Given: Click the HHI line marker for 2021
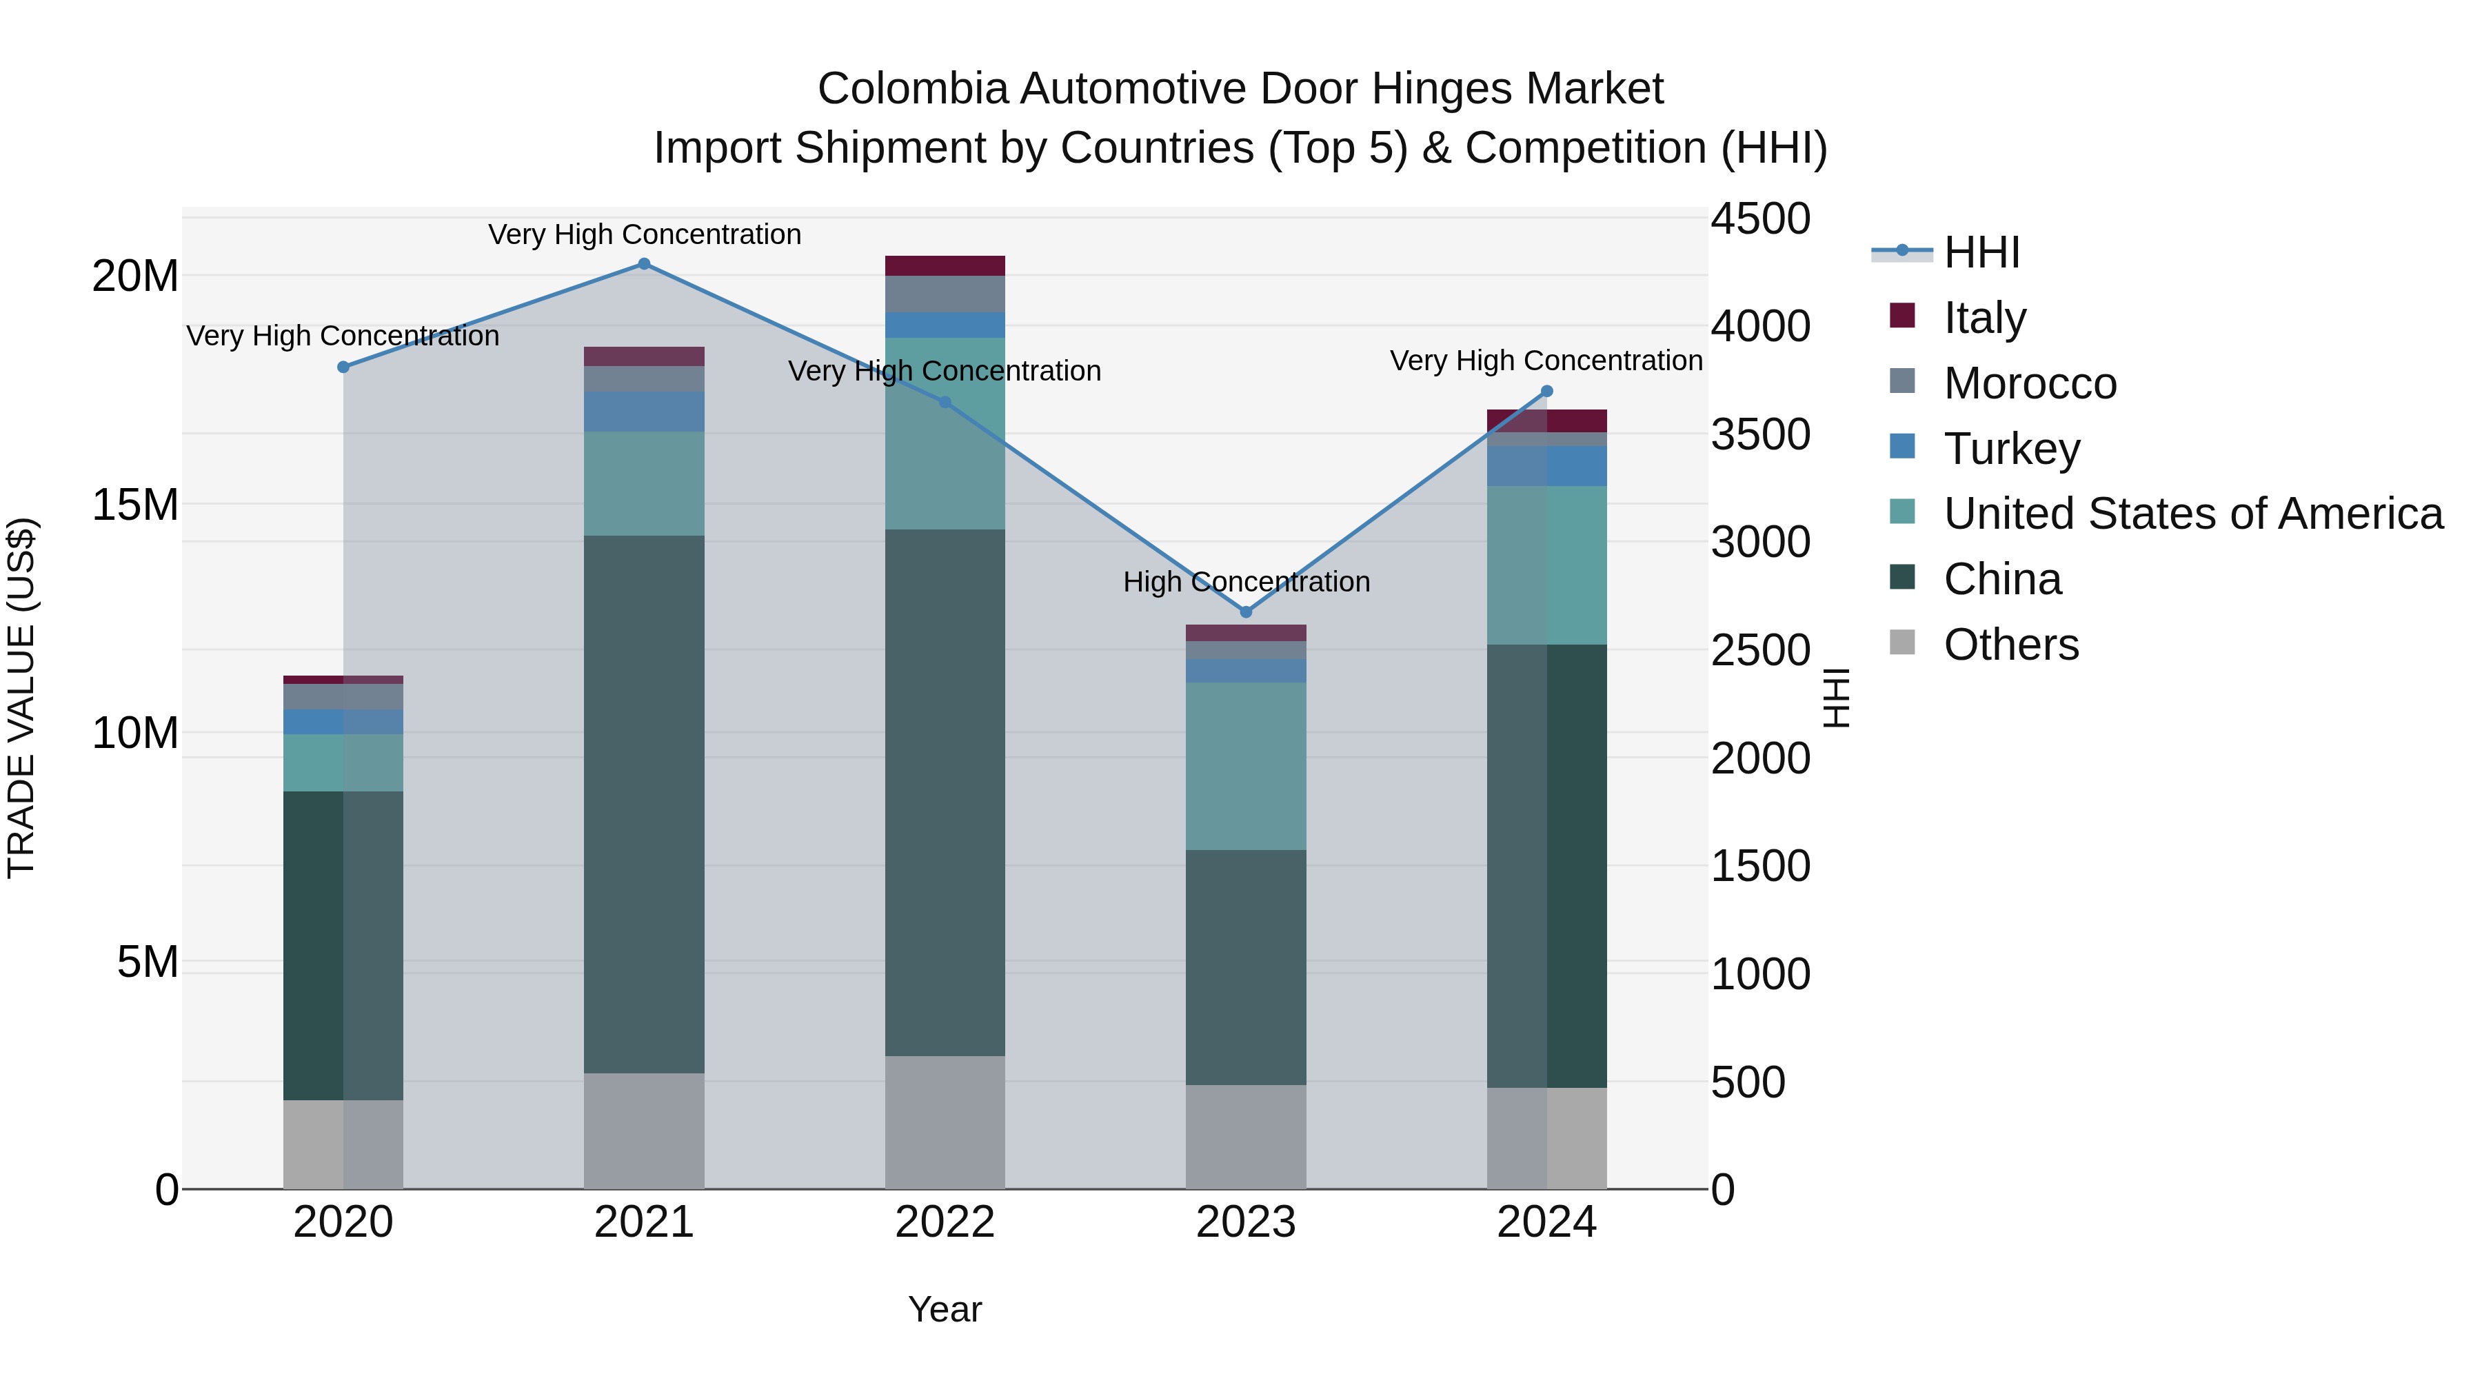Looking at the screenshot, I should click(645, 264).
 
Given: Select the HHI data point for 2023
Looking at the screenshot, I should click(1246, 611).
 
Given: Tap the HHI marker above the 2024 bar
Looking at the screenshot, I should click(1547, 391).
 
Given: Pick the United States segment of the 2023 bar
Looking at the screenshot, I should click(1246, 766).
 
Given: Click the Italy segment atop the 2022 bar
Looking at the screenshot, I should click(945, 266).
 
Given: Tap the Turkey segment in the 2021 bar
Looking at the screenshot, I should click(645, 412).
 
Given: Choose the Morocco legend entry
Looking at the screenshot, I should click(2030, 383).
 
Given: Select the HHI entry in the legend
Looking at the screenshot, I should click(1981, 252).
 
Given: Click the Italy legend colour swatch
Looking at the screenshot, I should click(1902, 316).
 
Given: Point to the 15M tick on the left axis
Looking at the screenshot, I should click(135, 505).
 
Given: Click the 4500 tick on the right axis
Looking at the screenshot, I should click(1760, 219).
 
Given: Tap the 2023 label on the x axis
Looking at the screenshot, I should click(1246, 1222).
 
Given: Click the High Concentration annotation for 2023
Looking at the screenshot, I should click(1246, 582).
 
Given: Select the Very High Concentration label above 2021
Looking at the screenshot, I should click(645, 234).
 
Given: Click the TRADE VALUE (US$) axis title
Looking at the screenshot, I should click(22, 698).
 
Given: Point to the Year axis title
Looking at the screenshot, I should click(945, 1309).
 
